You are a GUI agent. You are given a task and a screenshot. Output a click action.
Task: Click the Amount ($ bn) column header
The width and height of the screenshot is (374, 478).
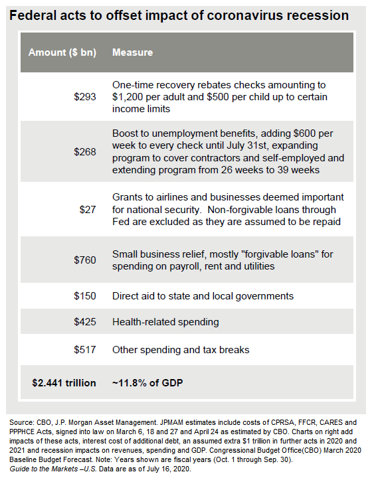(x=62, y=52)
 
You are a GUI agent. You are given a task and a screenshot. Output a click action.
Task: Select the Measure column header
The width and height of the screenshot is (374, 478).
(x=132, y=52)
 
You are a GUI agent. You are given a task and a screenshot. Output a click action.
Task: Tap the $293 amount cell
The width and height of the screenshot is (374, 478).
(x=85, y=97)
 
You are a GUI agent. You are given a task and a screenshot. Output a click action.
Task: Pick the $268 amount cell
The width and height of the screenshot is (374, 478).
(x=85, y=152)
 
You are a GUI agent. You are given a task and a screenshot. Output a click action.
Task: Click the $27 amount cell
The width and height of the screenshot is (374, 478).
(x=88, y=209)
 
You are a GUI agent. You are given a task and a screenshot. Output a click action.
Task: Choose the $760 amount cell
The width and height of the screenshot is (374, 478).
(x=85, y=260)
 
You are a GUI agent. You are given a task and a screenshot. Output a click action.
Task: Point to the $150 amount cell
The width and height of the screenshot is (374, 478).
(x=85, y=296)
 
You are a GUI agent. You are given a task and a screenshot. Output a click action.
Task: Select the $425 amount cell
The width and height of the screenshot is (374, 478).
(x=85, y=322)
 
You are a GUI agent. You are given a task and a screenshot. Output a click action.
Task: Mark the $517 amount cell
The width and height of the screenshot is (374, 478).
(x=85, y=350)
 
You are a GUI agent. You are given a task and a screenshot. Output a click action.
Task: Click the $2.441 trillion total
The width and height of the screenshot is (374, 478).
(x=64, y=383)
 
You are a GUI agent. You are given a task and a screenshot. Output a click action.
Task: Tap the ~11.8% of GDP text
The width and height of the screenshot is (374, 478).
(x=147, y=383)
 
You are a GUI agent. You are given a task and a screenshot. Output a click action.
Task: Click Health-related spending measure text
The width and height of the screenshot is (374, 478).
(x=165, y=322)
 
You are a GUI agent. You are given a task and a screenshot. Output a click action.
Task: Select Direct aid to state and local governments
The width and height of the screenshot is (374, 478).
(x=203, y=296)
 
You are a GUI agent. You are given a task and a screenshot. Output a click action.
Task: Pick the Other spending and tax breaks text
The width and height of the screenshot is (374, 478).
(x=181, y=350)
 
